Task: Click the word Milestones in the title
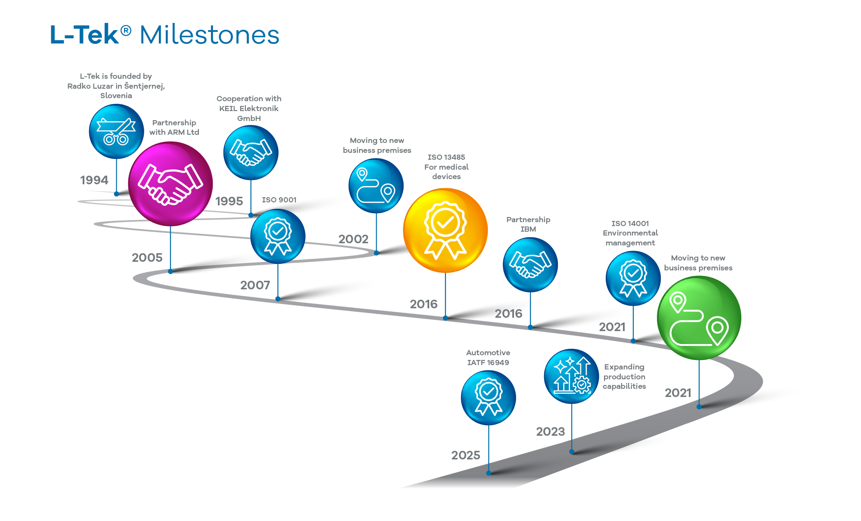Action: (210, 35)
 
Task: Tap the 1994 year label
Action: (94, 180)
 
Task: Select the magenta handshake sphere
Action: (170, 184)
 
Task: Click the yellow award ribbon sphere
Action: (445, 230)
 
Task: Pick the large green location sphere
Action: (699, 318)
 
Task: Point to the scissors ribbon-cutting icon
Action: (116, 131)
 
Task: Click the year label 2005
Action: (147, 257)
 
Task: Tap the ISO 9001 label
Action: (279, 200)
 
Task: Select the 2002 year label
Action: (353, 239)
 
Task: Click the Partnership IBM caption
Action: (528, 224)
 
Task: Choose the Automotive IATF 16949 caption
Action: (488, 357)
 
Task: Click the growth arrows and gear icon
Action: (571, 376)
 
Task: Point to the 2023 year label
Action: (550, 431)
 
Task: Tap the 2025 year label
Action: (466, 455)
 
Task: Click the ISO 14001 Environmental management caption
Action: (630, 233)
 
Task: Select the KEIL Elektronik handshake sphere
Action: (251, 153)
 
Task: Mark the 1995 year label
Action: (229, 201)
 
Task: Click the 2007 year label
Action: (255, 285)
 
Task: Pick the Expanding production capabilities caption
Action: (624, 376)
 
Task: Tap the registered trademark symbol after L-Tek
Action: (126, 30)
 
